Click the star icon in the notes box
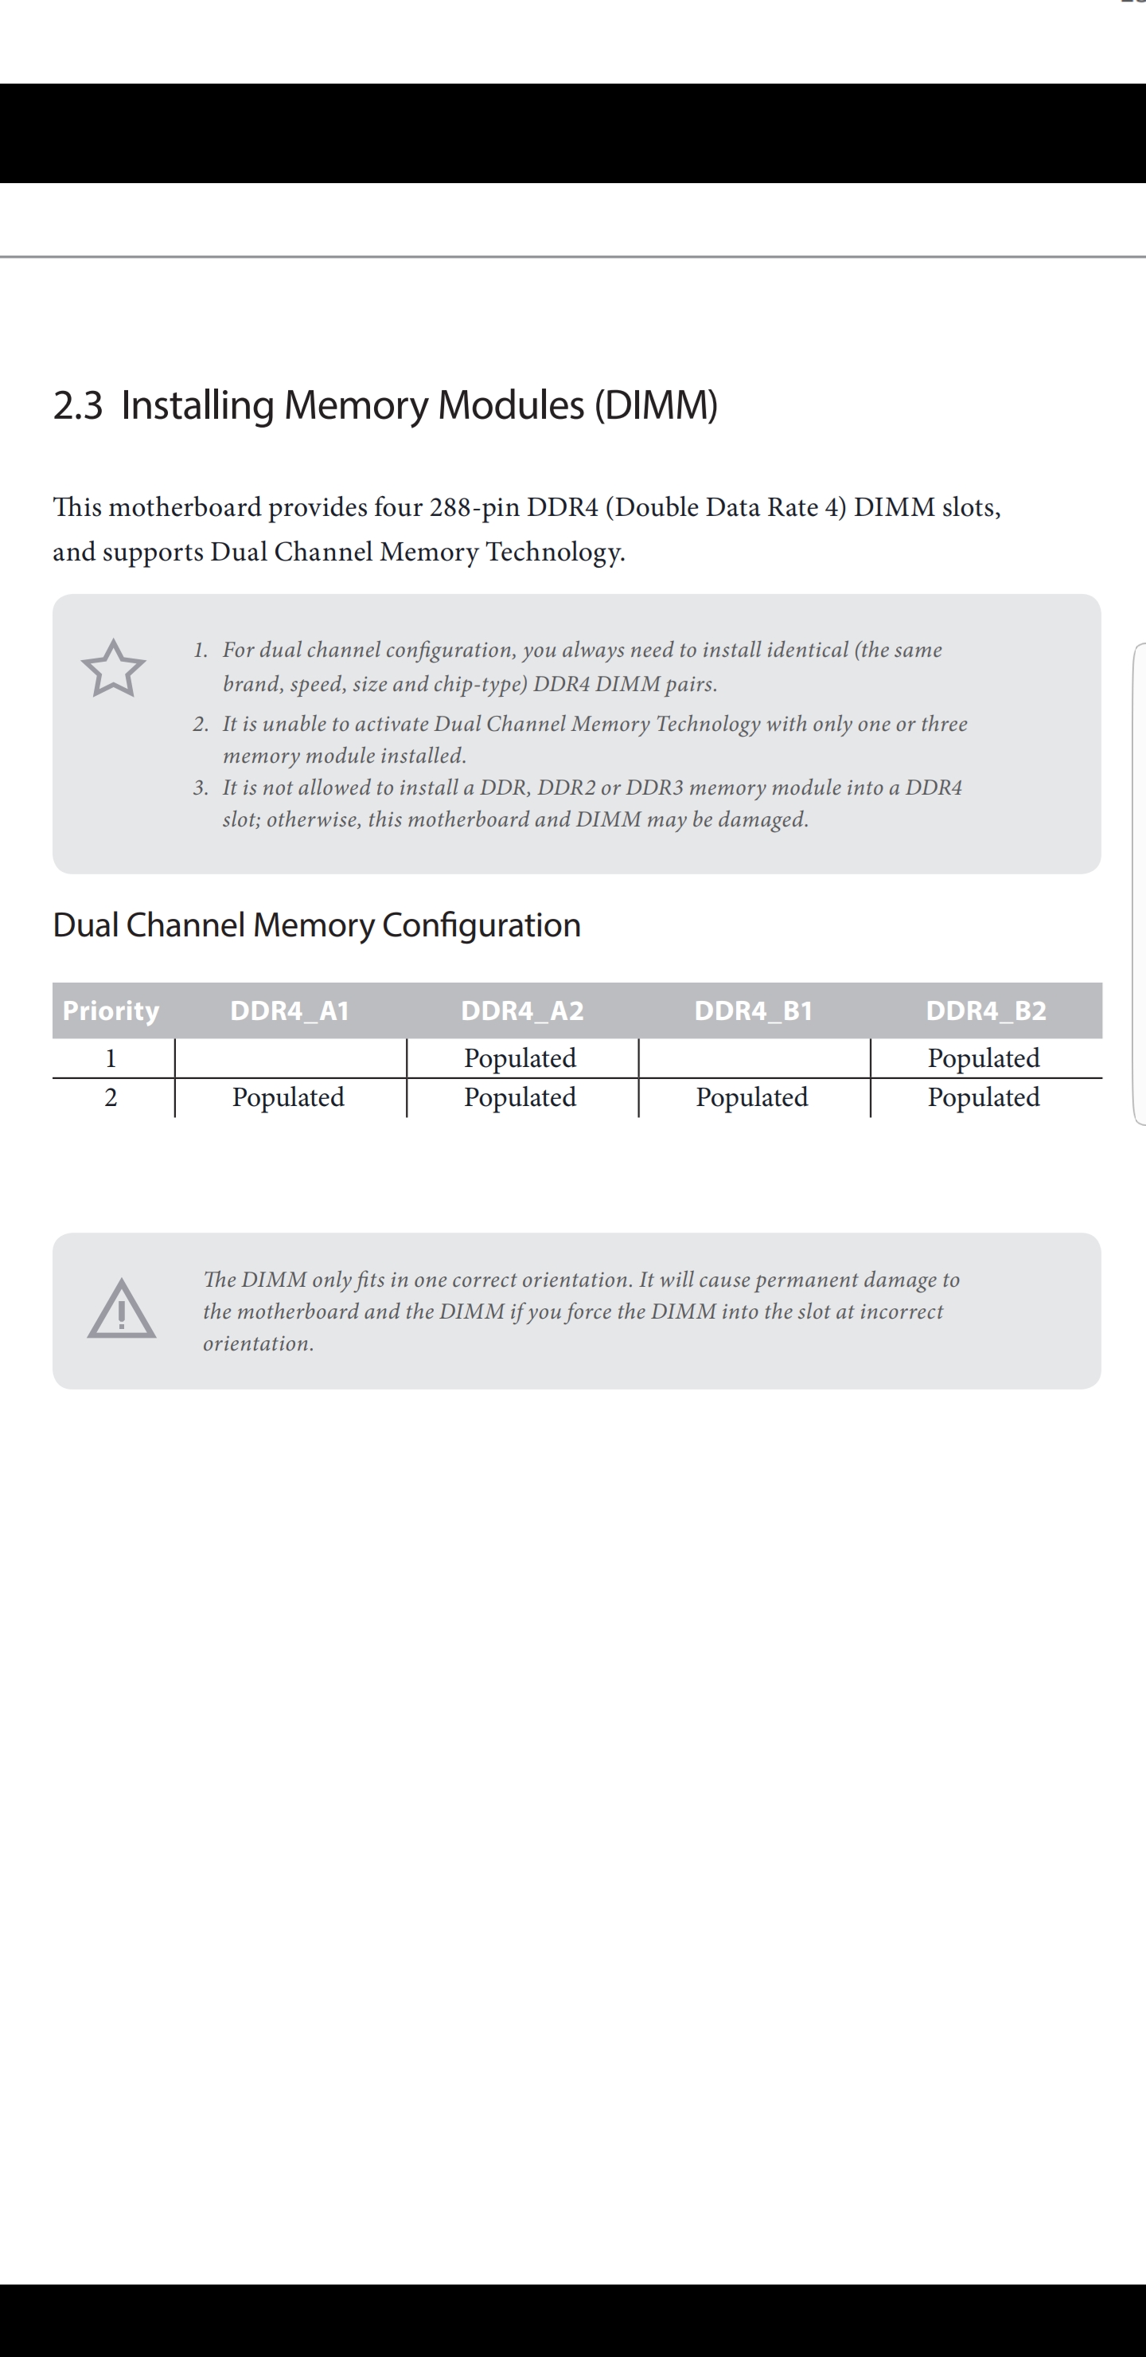tap(114, 669)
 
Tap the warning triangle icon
tap(122, 1309)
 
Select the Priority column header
tap(111, 1010)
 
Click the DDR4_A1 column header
tap(289, 1010)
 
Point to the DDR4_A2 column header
tap(521, 1010)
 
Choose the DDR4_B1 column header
tap(753, 1010)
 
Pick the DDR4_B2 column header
tap(985, 1010)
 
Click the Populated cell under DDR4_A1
tap(288, 1097)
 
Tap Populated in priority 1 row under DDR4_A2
tap(520, 1057)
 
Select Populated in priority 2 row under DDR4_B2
tap(983, 1097)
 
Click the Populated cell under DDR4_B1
tap(752, 1097)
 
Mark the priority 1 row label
tap(111, 1058)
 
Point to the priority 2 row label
tap(111, 1097)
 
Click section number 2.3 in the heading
tap(78, 405)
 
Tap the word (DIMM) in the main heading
tap(656, 405)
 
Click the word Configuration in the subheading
tap(481, 925)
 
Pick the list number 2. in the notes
tap(201, 724)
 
